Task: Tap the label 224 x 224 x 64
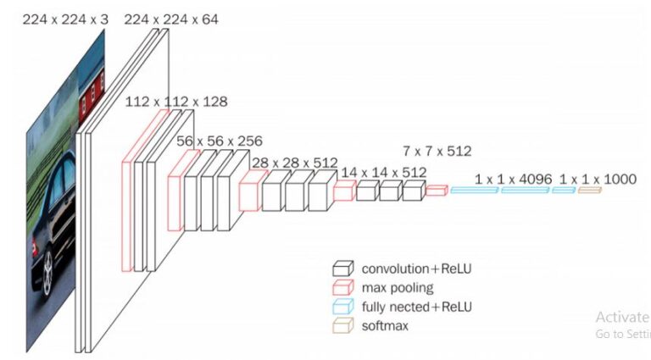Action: click(x=171, y=18)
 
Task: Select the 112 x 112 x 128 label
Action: click(x=175, y=102)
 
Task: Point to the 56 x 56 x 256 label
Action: click(x=220, y=141)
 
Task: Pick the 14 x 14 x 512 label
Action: click(x=383, y=172)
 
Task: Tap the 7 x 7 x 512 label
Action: click(x=437, y=152)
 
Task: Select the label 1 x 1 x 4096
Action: click(x=514, y=179)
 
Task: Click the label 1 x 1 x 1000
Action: click(x=598, y=179)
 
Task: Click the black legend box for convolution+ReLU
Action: click(x=342, y=269)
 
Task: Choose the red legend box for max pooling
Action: click(x=342, y=288)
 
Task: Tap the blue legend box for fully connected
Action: click(x=342, y=307)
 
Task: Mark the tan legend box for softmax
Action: click(x=342, y=325)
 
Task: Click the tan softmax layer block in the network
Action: click(x=589, y=191)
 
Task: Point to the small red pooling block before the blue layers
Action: click(x=436, y=191)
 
